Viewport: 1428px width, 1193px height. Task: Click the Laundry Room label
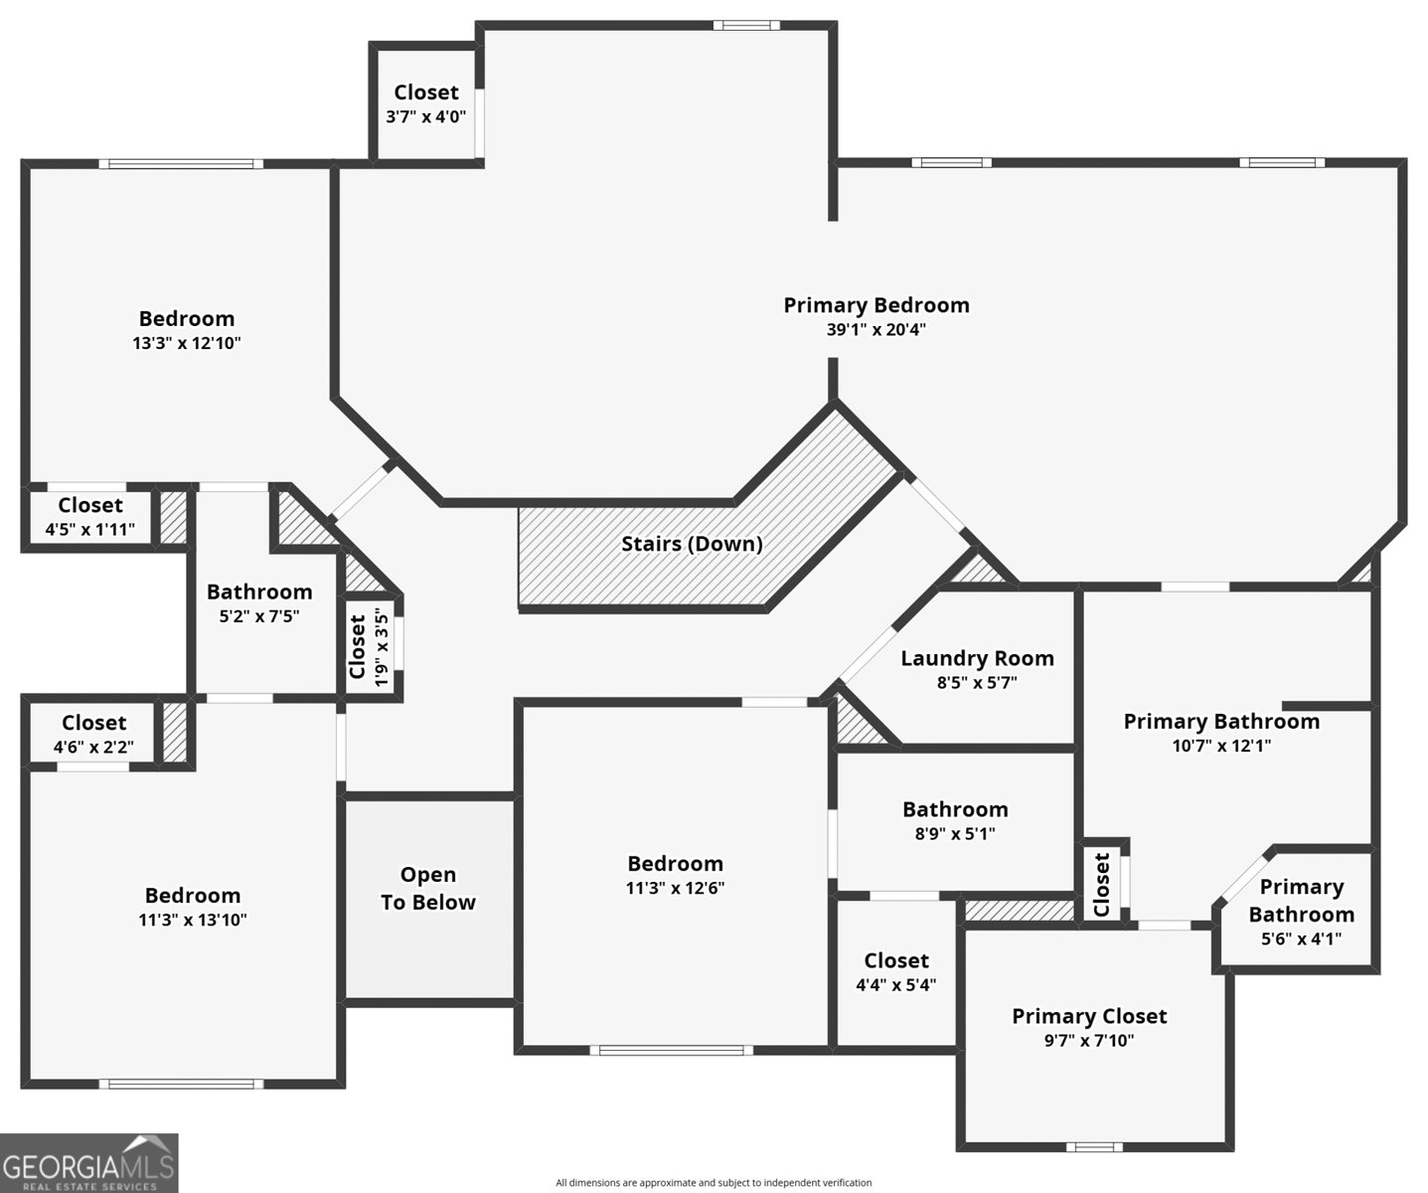(977, 658)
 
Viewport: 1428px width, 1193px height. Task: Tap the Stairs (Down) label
(692, 544)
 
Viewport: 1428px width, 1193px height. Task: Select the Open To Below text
(428, 889)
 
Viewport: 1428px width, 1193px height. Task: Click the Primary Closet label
(1089, 1016)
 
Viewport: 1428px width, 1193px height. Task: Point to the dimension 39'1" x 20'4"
(875, 330)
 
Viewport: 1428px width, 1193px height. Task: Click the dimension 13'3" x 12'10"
(187, 344)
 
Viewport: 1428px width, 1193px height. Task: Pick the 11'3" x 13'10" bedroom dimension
(193, 921)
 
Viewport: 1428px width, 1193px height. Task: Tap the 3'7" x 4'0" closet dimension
(426, 116)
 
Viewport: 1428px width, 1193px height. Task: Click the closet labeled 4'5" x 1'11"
(90, 517)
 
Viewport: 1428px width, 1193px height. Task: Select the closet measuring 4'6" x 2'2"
(93, 735)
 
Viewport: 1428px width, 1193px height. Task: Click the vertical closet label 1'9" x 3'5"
(369, 647)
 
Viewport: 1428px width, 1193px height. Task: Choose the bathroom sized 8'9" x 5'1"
(955, 821)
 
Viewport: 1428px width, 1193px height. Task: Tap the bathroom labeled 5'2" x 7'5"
(259, 603)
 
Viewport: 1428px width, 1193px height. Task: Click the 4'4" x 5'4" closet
(896, 972)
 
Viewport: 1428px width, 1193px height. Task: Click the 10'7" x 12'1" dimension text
(1221, 746)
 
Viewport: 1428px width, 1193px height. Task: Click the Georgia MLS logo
(89, 1162)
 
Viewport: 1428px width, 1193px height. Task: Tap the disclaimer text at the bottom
(714, 1182)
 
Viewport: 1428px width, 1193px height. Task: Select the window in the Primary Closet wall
(1093, 1146)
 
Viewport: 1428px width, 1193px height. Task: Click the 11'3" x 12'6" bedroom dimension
(675, 889)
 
